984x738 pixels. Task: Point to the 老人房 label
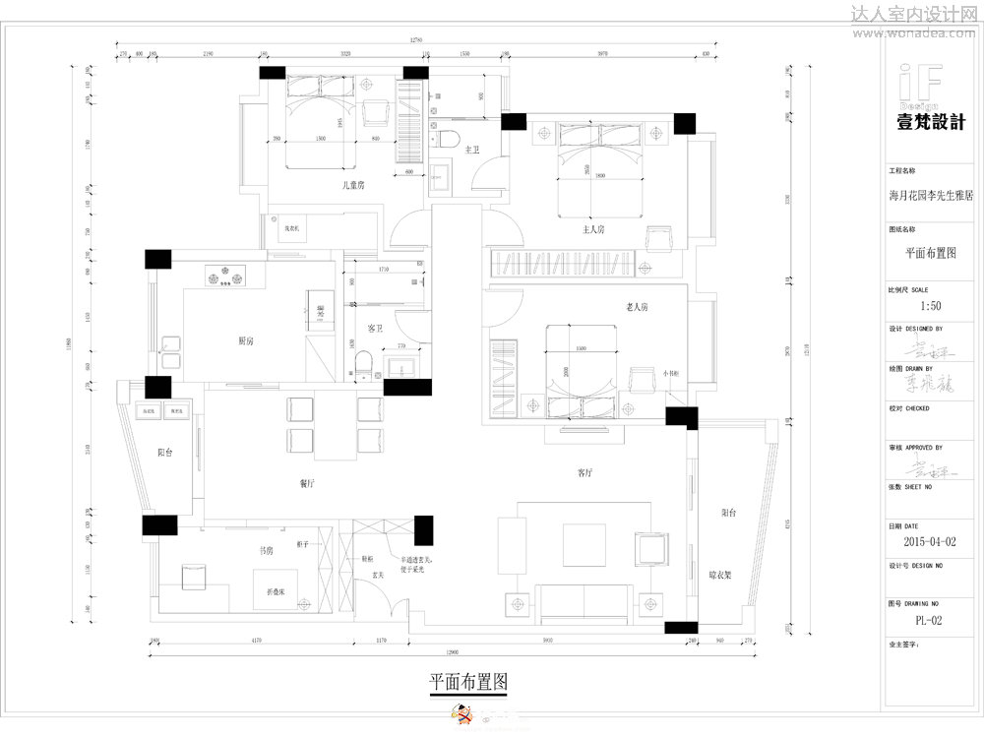(x=638, y=308)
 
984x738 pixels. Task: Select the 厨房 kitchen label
(x=246, y=340)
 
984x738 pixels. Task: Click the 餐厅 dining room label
(x=306, y=483)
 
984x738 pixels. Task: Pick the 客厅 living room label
(x=584, y=472)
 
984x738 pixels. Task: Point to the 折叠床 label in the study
(x=276, y=592)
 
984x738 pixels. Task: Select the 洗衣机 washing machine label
(x=291, y=228)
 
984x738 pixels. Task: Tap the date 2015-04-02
(x=929, y=541)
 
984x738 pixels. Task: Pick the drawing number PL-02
(x=929, y=620)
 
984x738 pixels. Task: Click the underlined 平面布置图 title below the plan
(x=468, y=681)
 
